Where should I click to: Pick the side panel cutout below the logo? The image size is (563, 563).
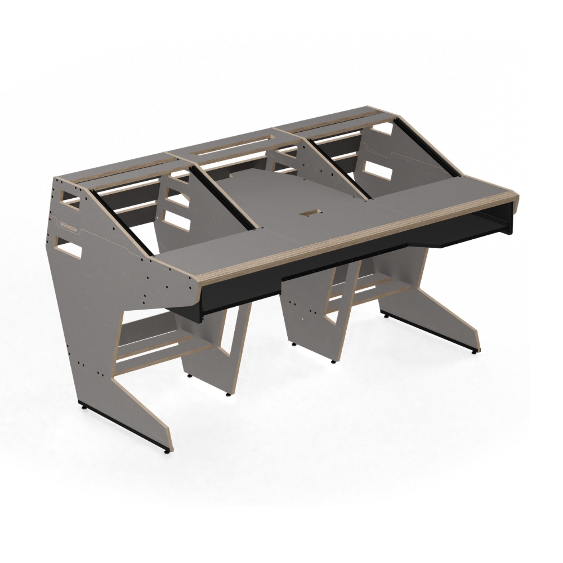pyautogui.click(x=68, y=247)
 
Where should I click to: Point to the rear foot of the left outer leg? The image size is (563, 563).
pyautogui.click(x=83, y=405)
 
